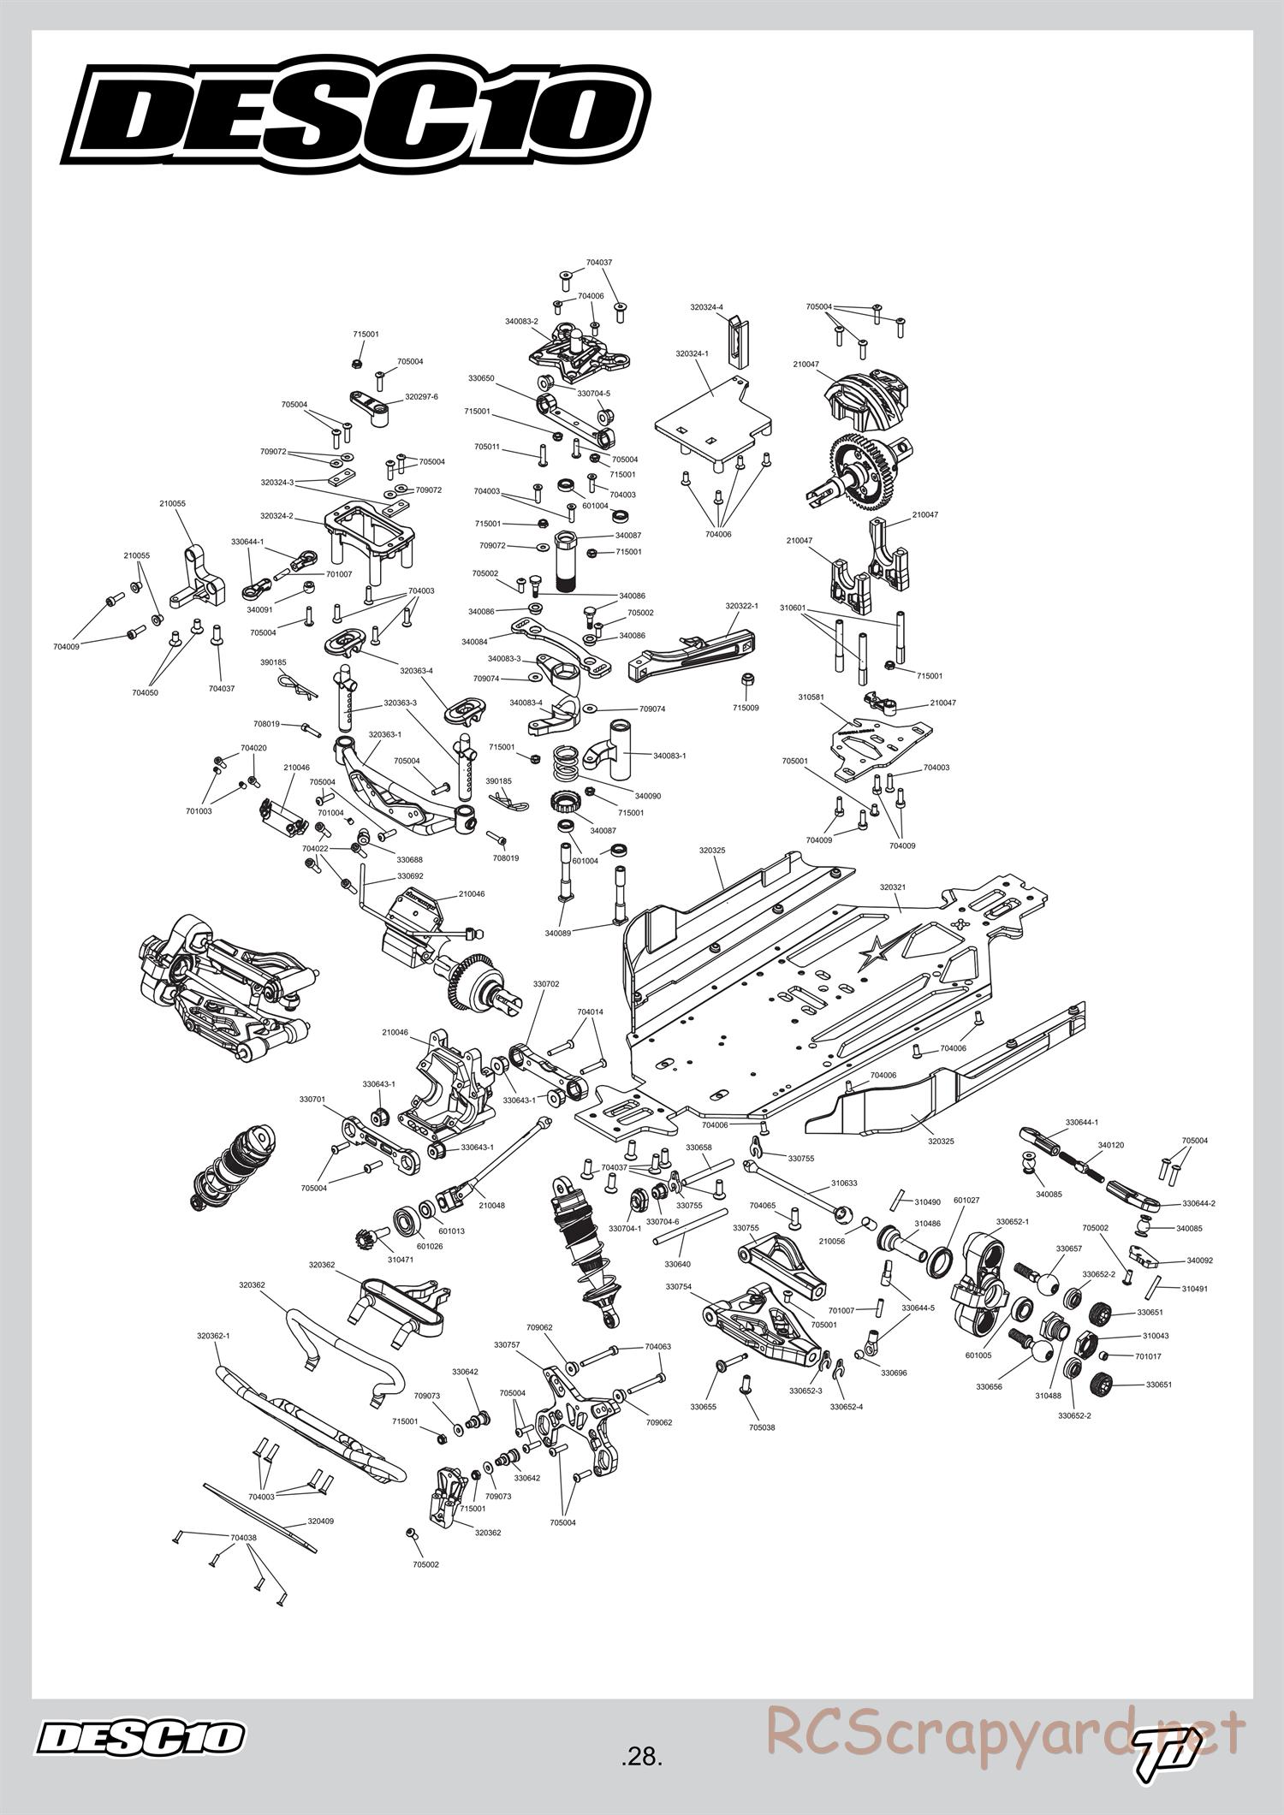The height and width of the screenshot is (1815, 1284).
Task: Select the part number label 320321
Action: [892, 887]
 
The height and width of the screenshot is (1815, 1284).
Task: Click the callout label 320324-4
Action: [706, 306]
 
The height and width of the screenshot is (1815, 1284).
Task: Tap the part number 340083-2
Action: [521, 322]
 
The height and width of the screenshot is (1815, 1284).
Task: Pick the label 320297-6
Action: [421, 397]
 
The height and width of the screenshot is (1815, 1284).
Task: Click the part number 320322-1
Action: [742, 605]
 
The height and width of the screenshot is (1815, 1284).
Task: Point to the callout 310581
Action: [811, 697]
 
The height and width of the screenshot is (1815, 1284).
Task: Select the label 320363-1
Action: [385, 734]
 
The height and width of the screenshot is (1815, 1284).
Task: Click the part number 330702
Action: [545, 984]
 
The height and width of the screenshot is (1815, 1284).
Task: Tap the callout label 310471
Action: [400, 1260]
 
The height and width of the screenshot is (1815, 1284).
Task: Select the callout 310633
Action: [843, 1184]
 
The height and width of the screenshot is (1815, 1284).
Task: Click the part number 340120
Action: [1111, 1145]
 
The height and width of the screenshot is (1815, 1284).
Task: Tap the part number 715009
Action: [746, 708]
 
